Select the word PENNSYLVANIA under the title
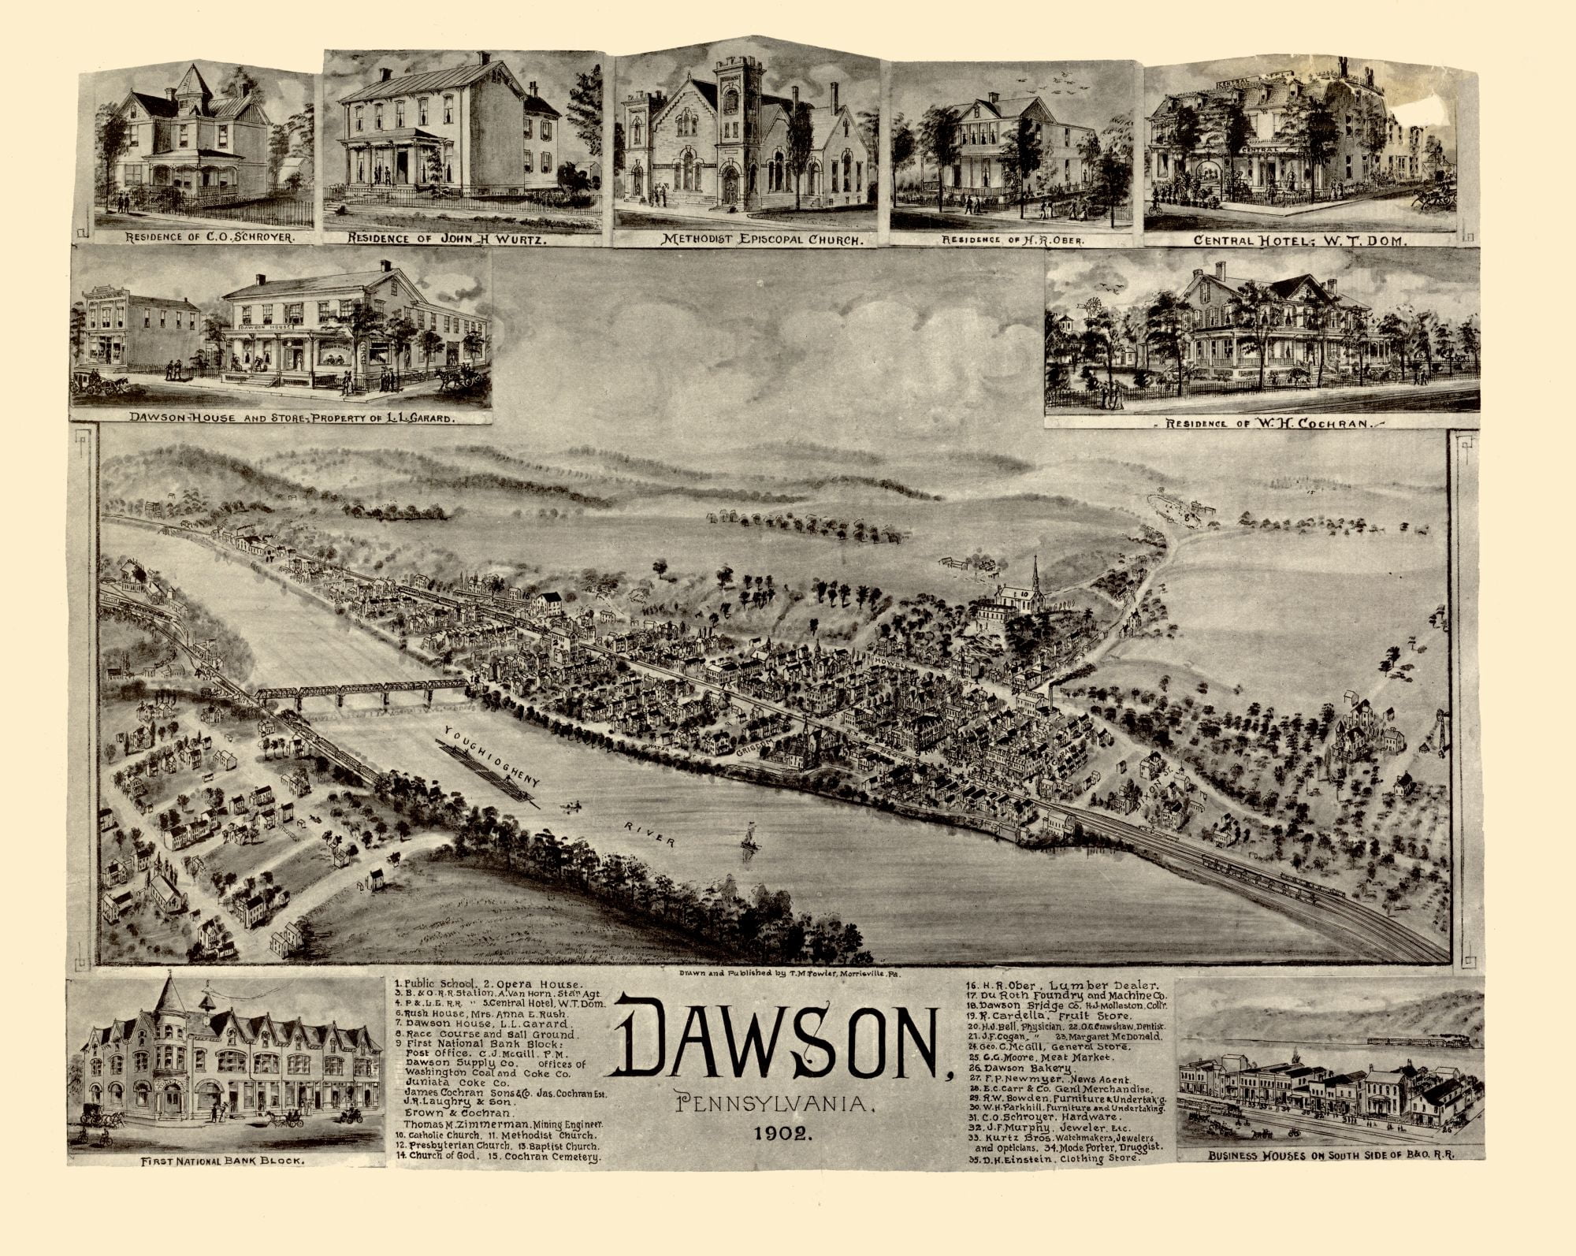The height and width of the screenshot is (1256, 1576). [775, 1106]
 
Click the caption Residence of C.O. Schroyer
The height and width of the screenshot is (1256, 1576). [205, 236]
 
